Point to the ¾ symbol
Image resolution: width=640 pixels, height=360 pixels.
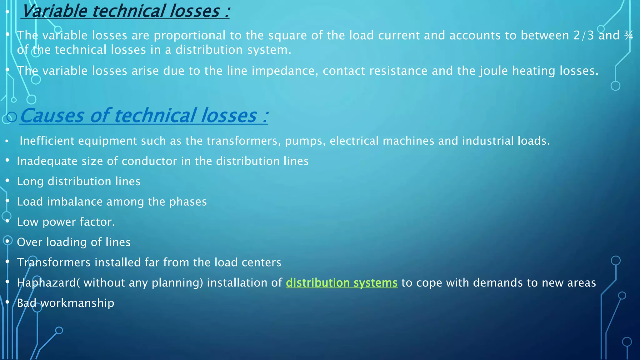pos(628,36)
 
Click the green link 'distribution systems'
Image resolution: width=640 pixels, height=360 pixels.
pos(342,283)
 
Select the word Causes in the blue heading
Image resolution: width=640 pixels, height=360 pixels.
pos(52,116)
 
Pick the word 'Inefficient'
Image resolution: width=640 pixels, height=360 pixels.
pos(47,141)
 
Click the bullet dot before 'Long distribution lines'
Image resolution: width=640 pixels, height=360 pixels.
pos(7,181)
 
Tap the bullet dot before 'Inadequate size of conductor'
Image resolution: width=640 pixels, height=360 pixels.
pos(7,160)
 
